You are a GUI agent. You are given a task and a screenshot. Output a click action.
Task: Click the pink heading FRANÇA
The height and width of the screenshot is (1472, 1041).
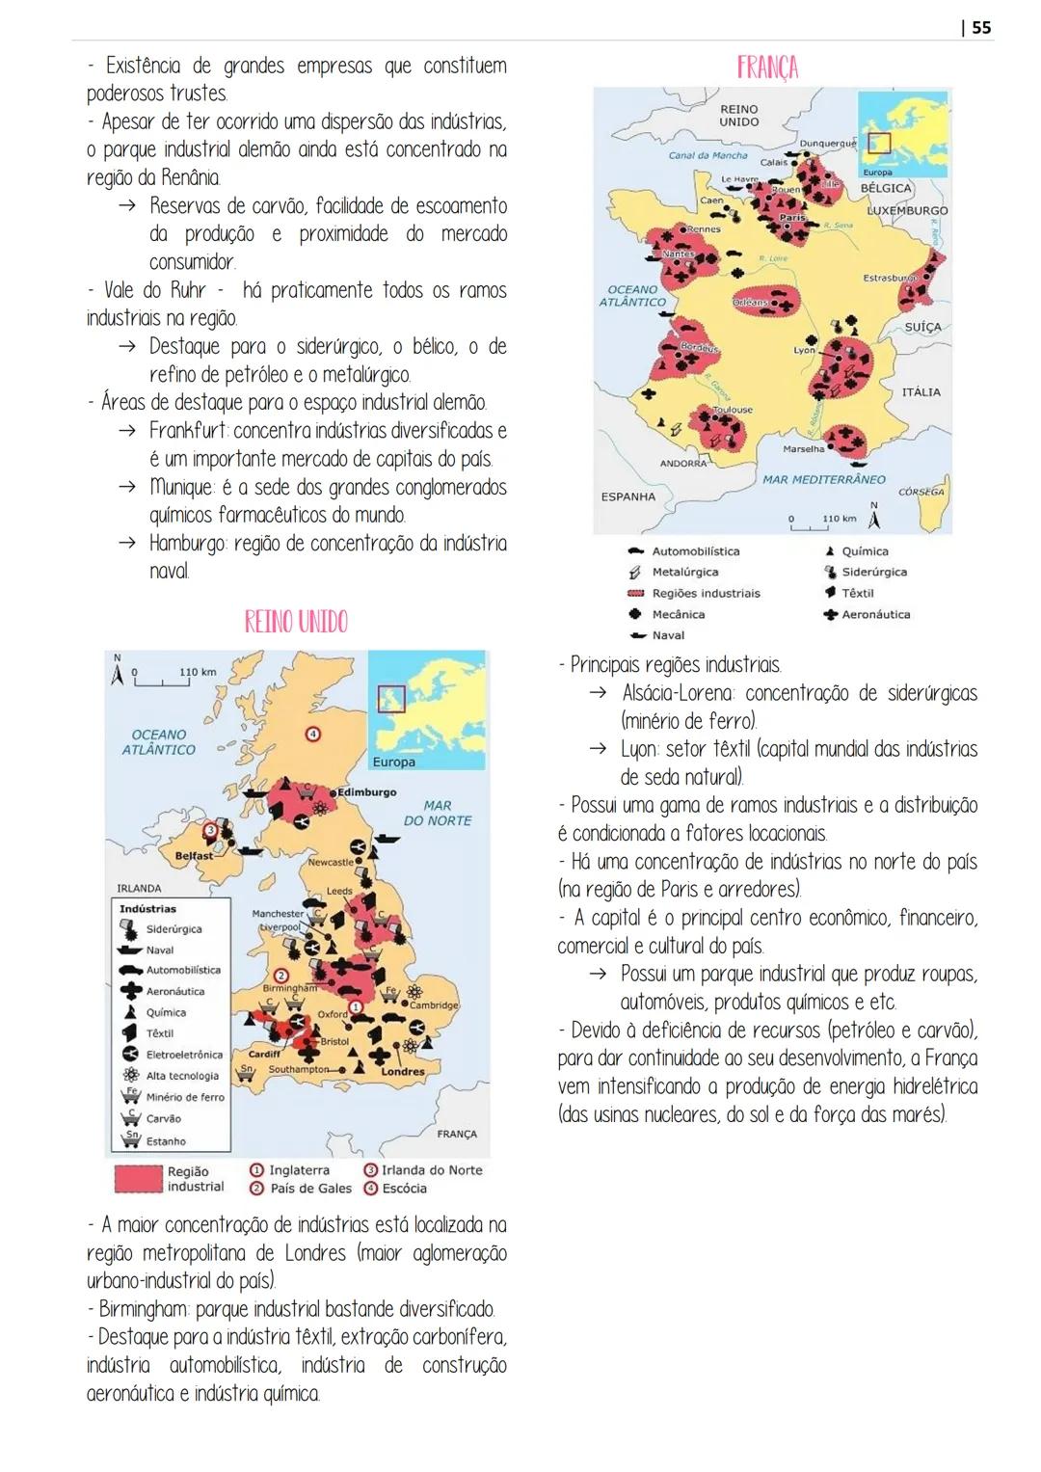click(x=767, y=67)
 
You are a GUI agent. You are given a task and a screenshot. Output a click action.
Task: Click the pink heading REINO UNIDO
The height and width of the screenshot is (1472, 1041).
click(x=296, y=622)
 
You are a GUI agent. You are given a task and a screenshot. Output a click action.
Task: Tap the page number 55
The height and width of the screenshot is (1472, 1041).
click(x=979, y=27)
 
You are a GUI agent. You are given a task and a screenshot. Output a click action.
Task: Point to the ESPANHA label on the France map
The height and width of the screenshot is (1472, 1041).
click(x=627, y=496)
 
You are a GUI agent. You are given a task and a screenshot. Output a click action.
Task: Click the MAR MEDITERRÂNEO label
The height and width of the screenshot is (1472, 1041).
click(x=823, y=479)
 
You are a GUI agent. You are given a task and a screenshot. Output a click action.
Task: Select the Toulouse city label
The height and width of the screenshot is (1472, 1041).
click(x=733, y=410)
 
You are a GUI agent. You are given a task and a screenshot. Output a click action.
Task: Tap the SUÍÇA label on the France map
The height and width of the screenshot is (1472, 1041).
click(x=922, y=328)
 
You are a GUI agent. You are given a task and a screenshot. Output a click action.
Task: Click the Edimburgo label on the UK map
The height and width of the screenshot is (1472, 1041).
click(x=366, y=792)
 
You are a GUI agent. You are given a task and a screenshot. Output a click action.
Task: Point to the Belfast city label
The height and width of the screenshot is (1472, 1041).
click(x=194, y=855)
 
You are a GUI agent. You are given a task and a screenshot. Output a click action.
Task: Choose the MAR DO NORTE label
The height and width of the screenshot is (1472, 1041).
click(x=437, y=813)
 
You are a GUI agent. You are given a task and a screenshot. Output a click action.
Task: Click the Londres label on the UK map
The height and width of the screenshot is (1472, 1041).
click(x=403, y=1071)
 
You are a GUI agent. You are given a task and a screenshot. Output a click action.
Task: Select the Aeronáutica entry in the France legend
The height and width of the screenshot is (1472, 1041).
click(x=875, y=614)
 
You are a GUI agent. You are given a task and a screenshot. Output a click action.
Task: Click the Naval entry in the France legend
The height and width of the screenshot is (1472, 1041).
click(x=668, y=635)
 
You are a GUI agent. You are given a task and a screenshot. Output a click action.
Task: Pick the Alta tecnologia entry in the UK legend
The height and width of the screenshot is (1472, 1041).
click(x=182, y=1076)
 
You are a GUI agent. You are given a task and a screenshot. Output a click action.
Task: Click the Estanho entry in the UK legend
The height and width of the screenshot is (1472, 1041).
click(x=166, y=1141)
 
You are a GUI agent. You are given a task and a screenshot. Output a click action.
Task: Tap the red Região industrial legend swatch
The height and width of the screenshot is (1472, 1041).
click(x=138, y=1179)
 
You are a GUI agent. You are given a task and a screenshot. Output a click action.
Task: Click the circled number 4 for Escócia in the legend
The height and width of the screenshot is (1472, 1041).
click(x=370, y=1189)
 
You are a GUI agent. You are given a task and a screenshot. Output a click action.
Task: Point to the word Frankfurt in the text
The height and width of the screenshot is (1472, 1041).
click(x=188, y=431)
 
